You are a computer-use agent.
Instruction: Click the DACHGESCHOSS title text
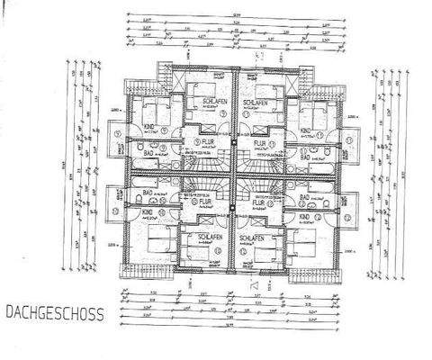tap(53, 314)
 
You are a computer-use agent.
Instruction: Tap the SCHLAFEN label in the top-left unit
tap(213, 103)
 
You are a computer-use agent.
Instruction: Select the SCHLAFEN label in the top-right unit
tap(257, 103)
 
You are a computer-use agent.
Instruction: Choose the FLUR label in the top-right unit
tap(259, 141)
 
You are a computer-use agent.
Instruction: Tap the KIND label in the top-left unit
tap(149, 129)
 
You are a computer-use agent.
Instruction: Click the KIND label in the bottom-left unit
tap(148, 212)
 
